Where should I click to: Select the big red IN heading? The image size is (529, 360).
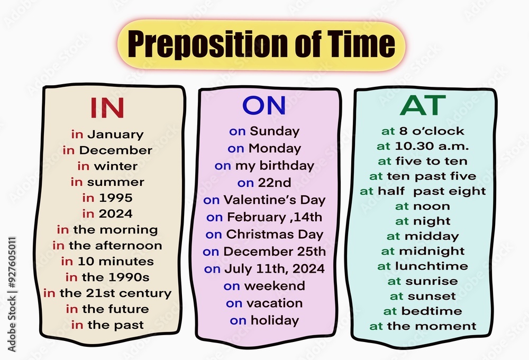107,107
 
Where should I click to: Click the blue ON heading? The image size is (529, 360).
264,105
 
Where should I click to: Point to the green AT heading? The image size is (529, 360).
423,105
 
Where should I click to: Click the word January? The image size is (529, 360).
116,134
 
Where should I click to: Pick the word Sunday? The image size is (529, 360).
275,131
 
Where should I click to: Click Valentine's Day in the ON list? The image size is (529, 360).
275,200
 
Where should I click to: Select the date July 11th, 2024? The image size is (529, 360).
274,269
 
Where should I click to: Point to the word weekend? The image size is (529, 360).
275,286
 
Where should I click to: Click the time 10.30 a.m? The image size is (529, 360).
432,146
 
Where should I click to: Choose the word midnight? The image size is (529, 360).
432,251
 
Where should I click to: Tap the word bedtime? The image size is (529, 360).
432,311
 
